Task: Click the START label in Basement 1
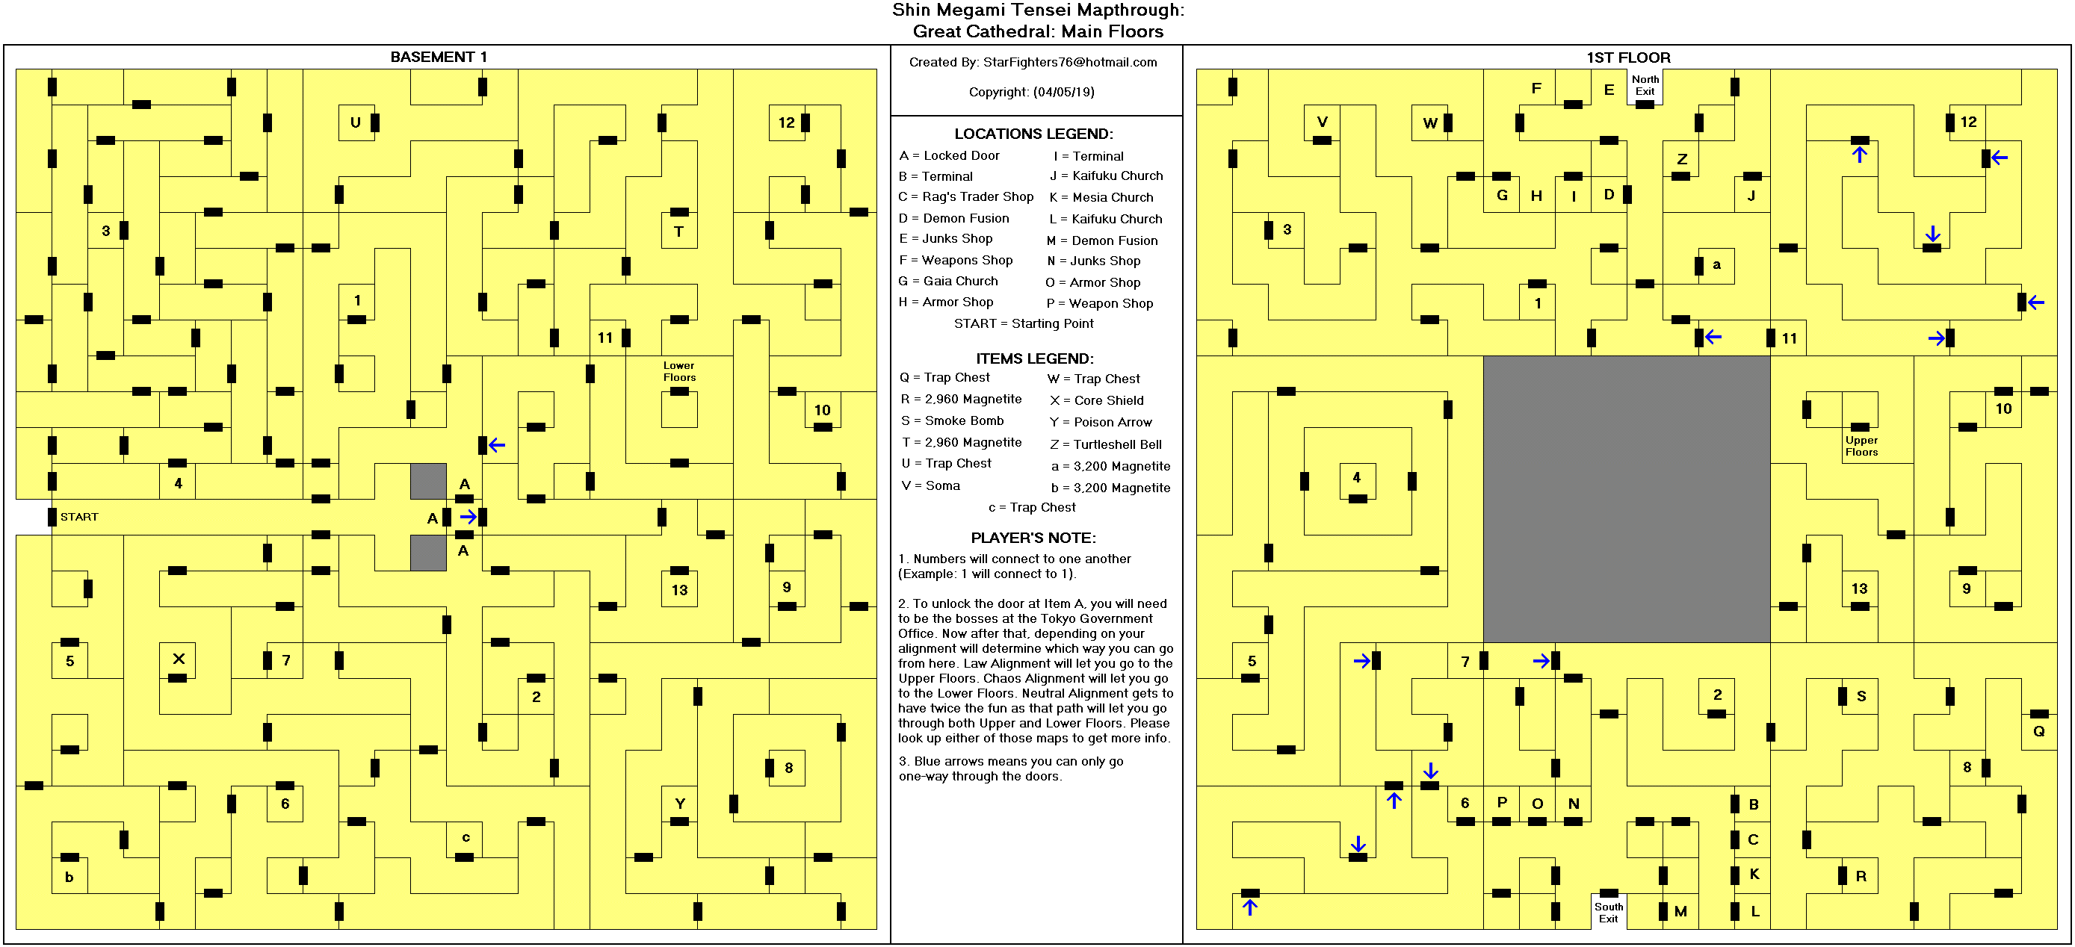click(79, 517)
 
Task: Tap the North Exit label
click(1645, 85)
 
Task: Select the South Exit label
click(1609, 913)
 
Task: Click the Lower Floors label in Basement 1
click(679, 371)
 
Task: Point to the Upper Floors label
click(1861, 446)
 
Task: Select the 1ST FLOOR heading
click(1628, 58)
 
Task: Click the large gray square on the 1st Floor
click(1627, 500)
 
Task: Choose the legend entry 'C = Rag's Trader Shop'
click(966, 196)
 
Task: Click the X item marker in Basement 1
click(179, 659)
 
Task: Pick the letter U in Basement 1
click(355, 122)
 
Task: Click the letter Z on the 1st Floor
click(1682, 158)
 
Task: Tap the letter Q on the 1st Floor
click(2038, 731)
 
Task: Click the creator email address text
click(1070, 62)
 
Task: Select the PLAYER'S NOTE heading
click(1033, 538)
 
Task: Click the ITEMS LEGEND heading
click(1034, 358)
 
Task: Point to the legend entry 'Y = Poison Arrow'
click(1101, 422)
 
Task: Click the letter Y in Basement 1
click(680, 804)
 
